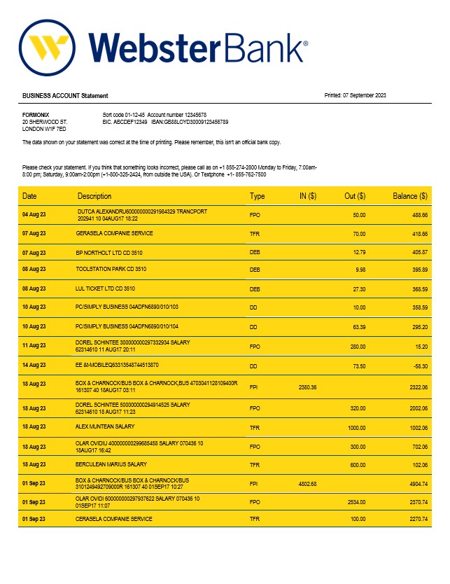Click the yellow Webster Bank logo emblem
point(48,48)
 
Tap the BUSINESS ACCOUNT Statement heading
point(65,95)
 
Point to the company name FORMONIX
point(36,115)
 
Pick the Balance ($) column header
point(409,196)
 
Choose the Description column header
point(94,196)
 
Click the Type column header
point(258,196)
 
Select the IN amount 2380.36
point(308,387)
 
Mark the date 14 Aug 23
point(34,366)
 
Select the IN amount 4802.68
point(308,483)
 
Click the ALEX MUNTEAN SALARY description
point(105,426)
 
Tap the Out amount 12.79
point(358,251)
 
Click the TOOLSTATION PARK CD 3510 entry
point(111,269)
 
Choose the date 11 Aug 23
point(34,345)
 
